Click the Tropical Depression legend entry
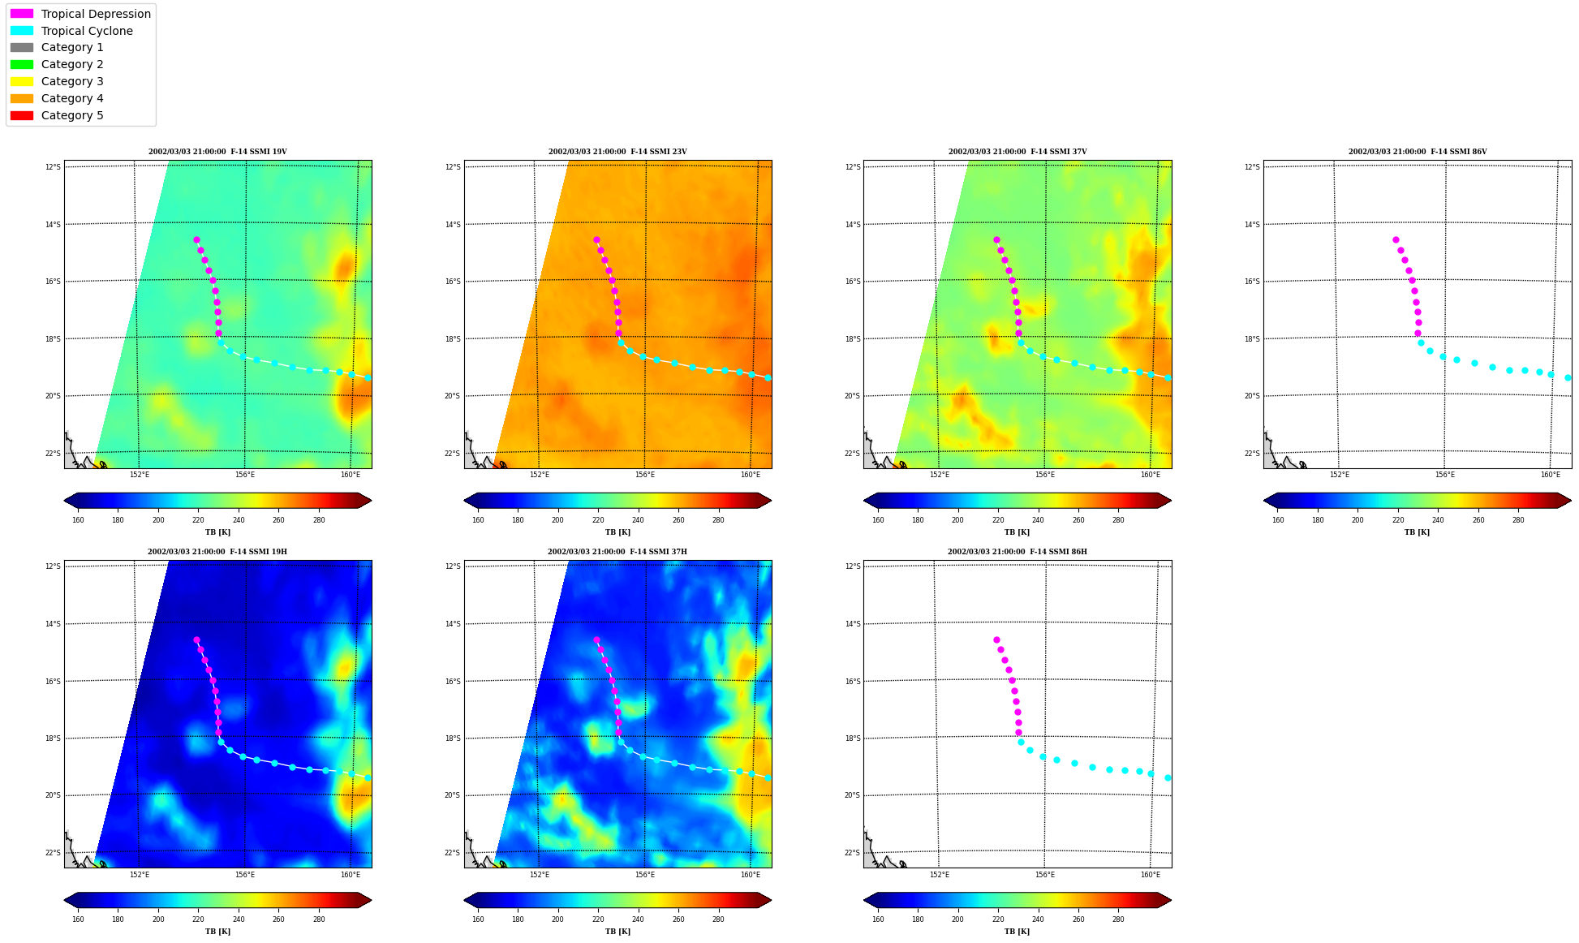pyautogui.click(x=80, y=14)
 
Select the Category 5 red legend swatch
pyautogui.click(x=22, y=115)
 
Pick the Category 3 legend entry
pyautogui.click(x=57, y=81)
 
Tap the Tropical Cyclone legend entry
pyautogui.click(x=71, y=31)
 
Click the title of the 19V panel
pyautogui.click(x=217, y=152)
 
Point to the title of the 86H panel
pyautogui.click(x=1018, y=552)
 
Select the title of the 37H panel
pyautogui.click(x=617, y=552)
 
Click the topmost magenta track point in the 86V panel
pyautogui.click(x=1396, y=239)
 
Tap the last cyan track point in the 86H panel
pyautogui.click(x=1168, y=777)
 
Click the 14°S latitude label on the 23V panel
pyautogui.click(x=453, y=225)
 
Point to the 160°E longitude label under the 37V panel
pyautogui.click(x=1151, y=475)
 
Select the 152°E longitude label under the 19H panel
pyautogui.click(x=140, y=875)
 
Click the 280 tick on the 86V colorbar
pyautogui.click(x=1518, y=520)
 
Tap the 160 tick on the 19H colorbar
pyautogui.click(x=78, y=919)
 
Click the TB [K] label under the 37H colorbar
pyautogui.click(x=617, y=932)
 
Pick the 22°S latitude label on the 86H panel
pyautogui.click(x=853, y=853)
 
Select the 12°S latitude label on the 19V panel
pyautogui.click(x=53, y=167)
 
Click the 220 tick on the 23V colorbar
pyautogui.click(x=598, y=520)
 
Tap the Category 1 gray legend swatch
pyautogui.click(x=22, y=48)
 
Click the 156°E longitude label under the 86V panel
pyautogui.click(x=1445, y=475)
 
